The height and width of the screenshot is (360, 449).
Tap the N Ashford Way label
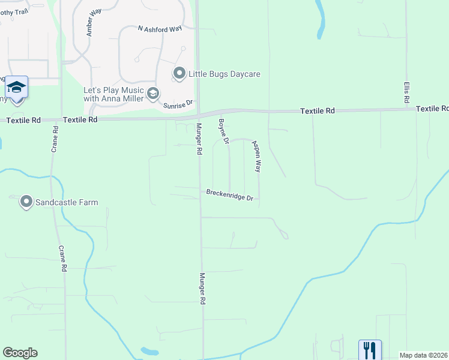point(160,28)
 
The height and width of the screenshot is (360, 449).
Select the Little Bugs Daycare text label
point(224,74)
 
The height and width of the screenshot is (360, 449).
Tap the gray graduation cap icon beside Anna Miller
point(153,93)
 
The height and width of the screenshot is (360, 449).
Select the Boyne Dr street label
point(223,131)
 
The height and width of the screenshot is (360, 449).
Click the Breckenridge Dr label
point(231,195)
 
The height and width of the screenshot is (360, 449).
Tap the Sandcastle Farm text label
point(66,202)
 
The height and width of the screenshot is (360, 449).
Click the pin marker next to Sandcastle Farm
point(26,202)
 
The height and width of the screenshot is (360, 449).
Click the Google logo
point(20,353)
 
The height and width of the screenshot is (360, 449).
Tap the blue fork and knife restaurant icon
point(370,350)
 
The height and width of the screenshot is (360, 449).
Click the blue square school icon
point(17,87)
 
